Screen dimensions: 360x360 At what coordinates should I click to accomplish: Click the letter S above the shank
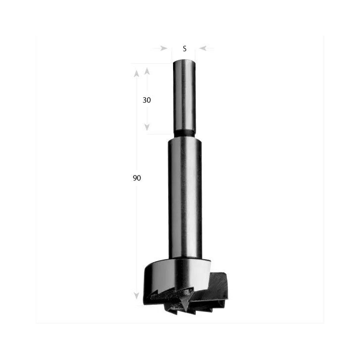click(x=184, y=48)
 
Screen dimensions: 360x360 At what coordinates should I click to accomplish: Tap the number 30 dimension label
click(x=147, y=100)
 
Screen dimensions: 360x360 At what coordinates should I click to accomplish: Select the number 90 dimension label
click(x=137, y=178)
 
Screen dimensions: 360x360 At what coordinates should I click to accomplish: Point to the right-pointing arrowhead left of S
click(x=164, y=48)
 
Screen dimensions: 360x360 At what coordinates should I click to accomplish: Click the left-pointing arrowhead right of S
click(x=203, y=48)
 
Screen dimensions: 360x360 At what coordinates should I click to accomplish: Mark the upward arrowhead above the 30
click(x=147, y=71)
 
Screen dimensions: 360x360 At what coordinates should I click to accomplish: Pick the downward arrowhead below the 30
click(x=147, y=127)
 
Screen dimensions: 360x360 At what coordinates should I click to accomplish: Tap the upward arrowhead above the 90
click(x=136, y=74)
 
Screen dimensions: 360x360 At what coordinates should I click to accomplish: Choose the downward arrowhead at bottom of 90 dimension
click(x=136, y=296)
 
